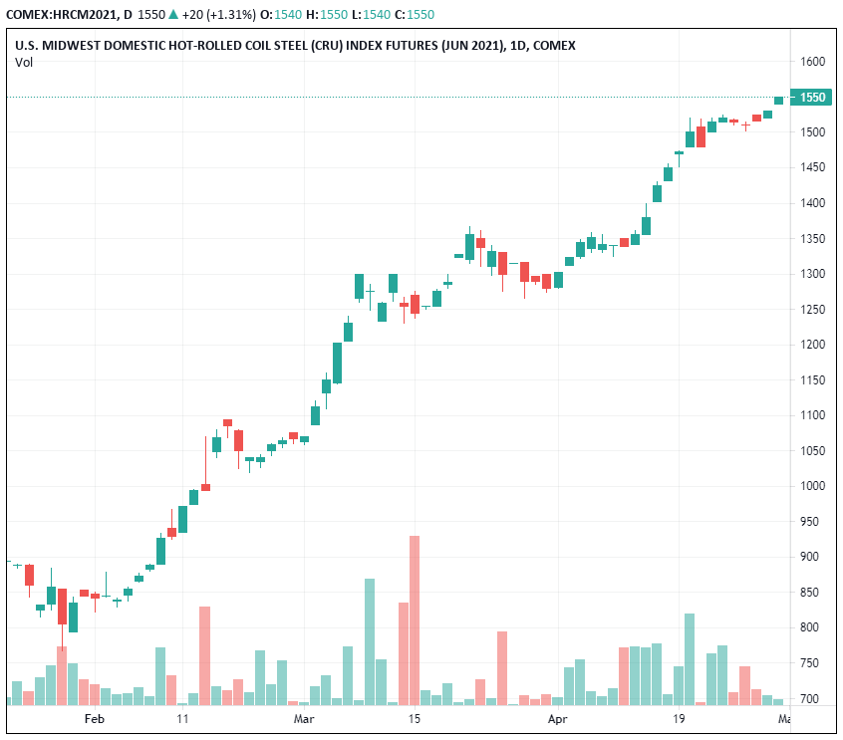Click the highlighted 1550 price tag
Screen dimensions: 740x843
(813, 97)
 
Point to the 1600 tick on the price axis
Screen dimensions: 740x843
(813, 62)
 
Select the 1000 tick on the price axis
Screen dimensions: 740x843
(813, 486)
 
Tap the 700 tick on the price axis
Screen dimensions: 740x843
(810, 699)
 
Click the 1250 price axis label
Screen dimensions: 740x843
(813, 310)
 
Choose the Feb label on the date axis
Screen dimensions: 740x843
(94, 718)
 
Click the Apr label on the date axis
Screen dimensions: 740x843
(558, 718)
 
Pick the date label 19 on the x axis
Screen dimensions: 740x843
(679, 718)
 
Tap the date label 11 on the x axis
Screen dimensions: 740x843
(182, 718)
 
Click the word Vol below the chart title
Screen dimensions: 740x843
(23, 63)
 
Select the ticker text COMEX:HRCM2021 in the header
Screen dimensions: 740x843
(66, 15)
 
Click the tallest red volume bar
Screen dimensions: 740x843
(414, 619)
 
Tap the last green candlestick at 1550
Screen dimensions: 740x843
(778, 100)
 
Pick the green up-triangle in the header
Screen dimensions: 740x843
(173, 15)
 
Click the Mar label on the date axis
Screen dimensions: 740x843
(304, 718)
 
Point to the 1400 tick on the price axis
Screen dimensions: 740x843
(813, 203)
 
